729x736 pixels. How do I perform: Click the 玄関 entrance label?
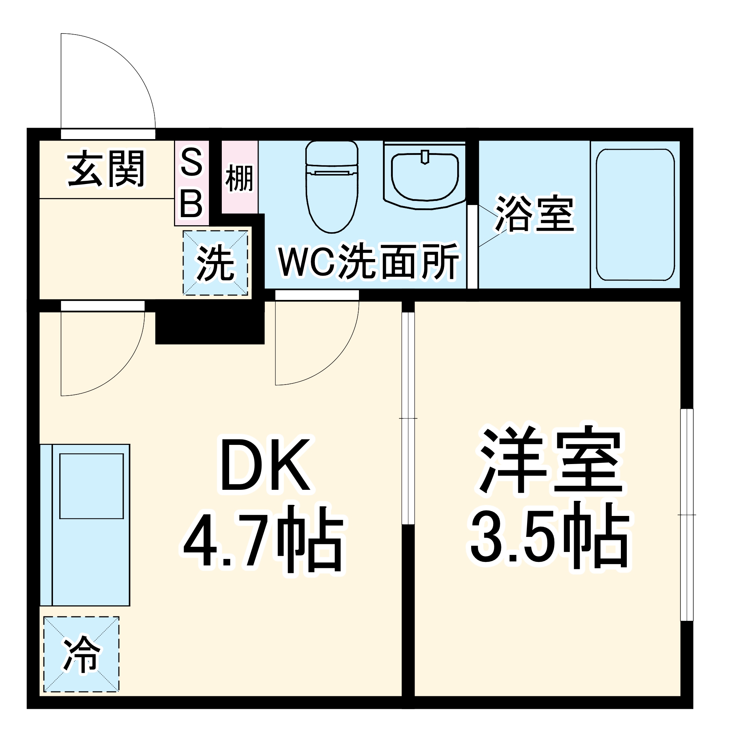click(x=106, y=169)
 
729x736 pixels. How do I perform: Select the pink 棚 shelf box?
click(x=239, y=177)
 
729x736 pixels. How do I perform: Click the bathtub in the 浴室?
click(x=635, y=215)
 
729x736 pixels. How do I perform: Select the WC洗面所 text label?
click(x=368, y=261)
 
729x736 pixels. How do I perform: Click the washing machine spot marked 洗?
click(x=215, y=263)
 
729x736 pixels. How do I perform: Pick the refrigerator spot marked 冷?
click(x=81, y=654)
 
